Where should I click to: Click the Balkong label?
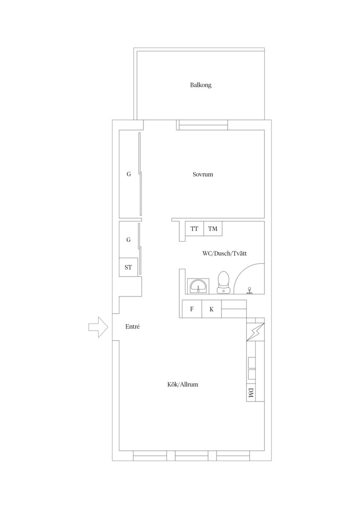201,85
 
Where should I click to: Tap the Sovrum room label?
203,174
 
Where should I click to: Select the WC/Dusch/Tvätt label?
224,254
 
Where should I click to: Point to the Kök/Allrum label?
182,385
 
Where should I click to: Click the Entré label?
132,327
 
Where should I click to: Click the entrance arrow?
98,327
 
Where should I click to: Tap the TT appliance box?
194,229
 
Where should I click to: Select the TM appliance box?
213,229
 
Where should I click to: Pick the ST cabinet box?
128,267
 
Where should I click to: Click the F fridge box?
192,309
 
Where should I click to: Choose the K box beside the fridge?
212,309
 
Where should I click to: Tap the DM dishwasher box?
251,394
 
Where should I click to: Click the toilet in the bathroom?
223,282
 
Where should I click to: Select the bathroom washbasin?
198,286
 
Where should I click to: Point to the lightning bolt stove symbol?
255,332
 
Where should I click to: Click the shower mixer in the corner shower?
250,290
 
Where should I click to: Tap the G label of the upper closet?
129,174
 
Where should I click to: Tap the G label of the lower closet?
129,240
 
